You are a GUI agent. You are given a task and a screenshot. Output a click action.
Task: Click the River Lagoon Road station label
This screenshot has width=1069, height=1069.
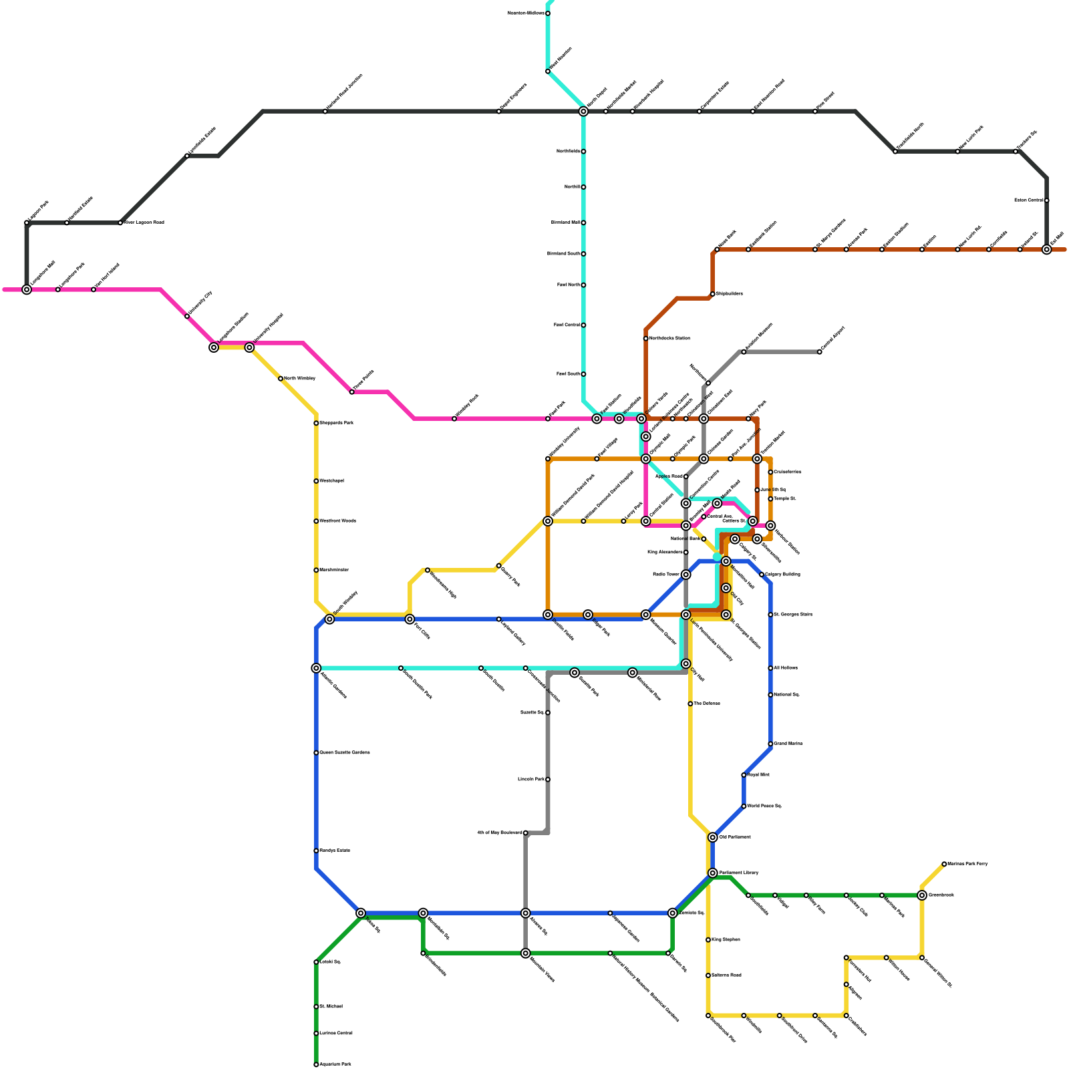coord(144,222)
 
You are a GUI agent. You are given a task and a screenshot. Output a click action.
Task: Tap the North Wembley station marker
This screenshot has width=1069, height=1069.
coord(281,379)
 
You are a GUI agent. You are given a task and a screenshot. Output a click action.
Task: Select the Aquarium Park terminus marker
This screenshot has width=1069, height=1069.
coord(316,1064)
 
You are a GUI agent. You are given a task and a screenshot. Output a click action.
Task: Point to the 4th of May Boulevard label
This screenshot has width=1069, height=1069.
coord(500,833)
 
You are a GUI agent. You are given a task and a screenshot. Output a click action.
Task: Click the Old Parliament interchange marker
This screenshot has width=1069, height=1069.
coord(713,837)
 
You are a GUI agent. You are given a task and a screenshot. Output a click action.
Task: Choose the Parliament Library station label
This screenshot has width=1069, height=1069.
coord(739,873)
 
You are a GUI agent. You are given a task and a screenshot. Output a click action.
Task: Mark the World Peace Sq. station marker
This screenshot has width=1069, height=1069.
coord(744,806)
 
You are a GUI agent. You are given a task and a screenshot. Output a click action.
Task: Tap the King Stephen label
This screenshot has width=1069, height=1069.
coord(726,940)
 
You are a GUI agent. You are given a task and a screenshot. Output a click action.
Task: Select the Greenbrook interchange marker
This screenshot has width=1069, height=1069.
coord(922,895)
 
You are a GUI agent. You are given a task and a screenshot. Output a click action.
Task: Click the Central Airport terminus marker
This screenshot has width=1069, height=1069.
coord(820,352)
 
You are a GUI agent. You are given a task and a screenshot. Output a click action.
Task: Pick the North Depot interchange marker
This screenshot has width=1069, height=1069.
coord(583,112)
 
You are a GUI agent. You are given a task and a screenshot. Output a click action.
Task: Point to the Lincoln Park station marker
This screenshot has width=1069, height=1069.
coord(548,780)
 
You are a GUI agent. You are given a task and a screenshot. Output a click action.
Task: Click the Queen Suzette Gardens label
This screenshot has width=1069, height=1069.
coord(344,753)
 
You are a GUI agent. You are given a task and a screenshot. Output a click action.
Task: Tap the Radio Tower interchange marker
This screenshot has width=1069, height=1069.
coord(686,575)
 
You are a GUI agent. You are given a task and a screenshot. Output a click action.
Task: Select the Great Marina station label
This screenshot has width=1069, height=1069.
coord(788,744)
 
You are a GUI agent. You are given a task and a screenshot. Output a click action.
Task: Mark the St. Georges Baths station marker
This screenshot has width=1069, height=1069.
coord(770,615)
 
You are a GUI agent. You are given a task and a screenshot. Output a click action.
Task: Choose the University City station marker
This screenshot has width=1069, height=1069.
coord(187,316)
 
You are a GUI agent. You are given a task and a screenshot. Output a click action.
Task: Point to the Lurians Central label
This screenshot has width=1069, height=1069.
coord(335,1034)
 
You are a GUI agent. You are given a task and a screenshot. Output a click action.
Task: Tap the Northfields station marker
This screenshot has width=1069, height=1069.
coord(583,152)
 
